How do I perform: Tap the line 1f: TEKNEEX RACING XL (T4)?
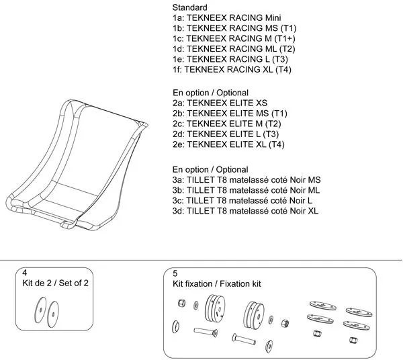click(x=231, y=69)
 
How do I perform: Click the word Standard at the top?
click(x=189, y=7)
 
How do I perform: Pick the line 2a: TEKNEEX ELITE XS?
click(x=220, y=103)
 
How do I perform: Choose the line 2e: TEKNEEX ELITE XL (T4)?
click(x=228, y=144)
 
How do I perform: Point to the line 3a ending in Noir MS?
click(x=247, y=180)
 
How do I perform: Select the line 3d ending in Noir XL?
click(x=246, y=211)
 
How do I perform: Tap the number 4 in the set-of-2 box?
click(x=25, y=273)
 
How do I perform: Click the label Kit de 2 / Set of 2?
click(x=55, y=283)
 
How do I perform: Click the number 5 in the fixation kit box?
click(x=175, y=273)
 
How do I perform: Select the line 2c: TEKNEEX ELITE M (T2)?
click(x=225, y=124)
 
